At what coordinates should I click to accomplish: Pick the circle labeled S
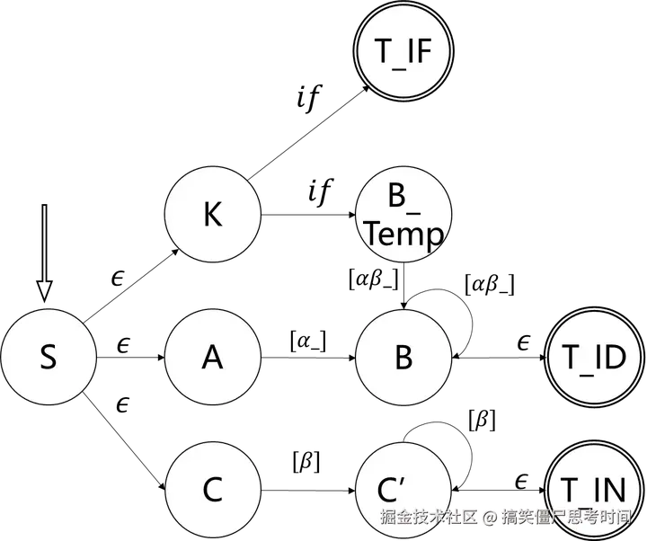coord(49,358)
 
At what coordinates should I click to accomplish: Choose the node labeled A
coord(213,358)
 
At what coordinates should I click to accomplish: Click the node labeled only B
coord(403,358)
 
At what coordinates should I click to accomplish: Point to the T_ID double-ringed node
coord(593,358)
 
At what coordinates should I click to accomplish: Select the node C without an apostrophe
coord(213,491)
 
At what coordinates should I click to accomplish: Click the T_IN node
coord(593,491)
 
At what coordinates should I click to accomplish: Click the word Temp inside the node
coord(404,235)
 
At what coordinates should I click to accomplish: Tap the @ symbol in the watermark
coord(489,518)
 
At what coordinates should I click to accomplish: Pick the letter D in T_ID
coord(616,358)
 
